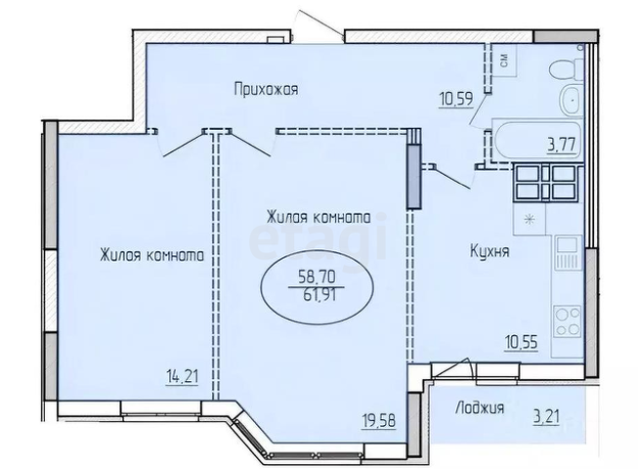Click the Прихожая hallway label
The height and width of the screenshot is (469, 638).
pyautogui.click(x=266, y=89)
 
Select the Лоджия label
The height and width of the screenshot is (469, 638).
pyautogui.click(x=479, y=408)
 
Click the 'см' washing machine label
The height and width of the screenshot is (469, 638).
pyautogui.click(x=502, y=62)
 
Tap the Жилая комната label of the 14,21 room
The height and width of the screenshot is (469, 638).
pyautogui.click(x=150, y=256)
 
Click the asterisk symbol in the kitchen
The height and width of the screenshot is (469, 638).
pyautogui.click(x=531, y=218)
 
